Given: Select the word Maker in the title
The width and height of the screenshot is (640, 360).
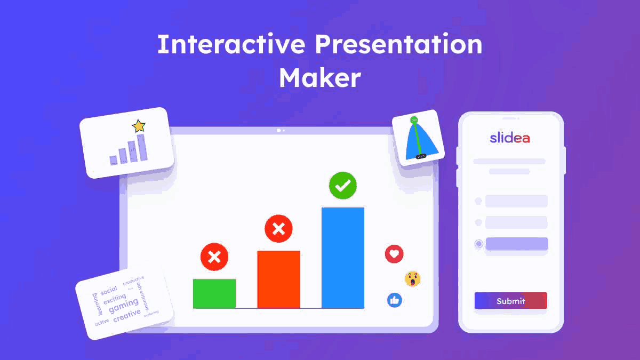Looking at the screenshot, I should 319,78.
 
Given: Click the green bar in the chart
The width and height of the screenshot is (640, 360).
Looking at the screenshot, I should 214,293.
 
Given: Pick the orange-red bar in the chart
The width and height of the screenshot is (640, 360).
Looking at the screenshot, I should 278,279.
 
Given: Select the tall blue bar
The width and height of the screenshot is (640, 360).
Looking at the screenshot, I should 343,258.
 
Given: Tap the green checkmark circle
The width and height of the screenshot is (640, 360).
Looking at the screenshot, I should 343,186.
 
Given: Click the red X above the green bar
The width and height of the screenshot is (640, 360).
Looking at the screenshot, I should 214,257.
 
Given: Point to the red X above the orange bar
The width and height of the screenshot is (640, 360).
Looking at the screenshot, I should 278,229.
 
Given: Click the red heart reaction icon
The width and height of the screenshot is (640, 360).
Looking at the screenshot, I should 394,254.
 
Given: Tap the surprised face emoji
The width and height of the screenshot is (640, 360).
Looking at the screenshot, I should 412,278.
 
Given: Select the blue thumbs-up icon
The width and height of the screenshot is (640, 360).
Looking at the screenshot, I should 395,300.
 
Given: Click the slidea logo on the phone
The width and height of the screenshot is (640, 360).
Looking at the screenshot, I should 510,138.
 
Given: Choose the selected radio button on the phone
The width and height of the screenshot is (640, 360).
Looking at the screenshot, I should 478,244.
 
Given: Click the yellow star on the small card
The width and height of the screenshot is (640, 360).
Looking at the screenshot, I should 139,126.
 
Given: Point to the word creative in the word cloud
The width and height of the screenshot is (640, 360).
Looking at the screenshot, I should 127,316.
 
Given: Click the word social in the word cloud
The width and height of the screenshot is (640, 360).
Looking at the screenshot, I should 109,290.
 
